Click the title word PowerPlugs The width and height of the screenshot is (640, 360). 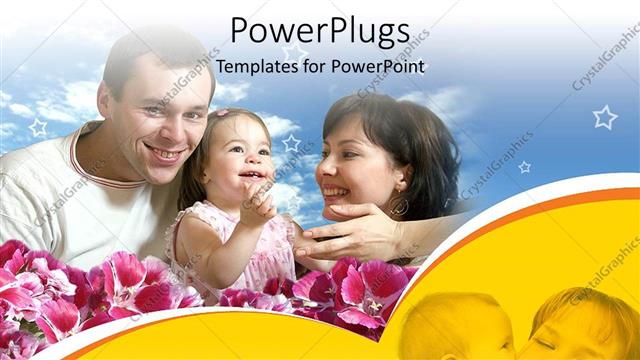pos(319,31)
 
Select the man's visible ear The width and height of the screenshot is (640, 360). pos(105,100)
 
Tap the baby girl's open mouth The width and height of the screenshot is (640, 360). pos(252,175)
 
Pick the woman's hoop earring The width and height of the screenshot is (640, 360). pos(400,206)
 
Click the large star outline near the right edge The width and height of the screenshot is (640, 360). pos(604,118)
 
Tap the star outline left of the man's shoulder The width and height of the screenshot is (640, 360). pos(38,127)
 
